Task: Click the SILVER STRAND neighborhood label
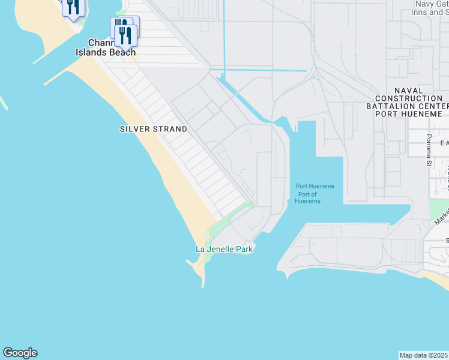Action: point(153,129)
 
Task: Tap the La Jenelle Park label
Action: point(224,249)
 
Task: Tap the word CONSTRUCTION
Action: point(409,98)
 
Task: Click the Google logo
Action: point(20,353)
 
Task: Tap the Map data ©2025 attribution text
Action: point(424,355)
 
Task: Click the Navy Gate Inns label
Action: point(431,8)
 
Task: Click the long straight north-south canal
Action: point(223,36)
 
